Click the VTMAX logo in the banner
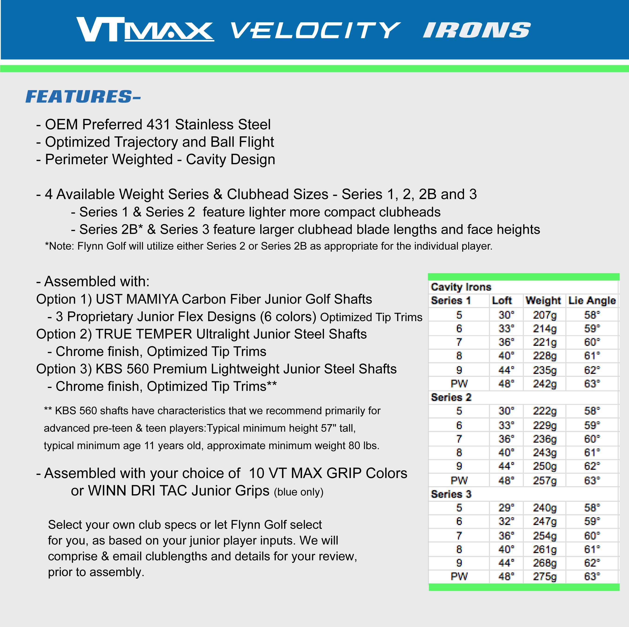[x=145, y=29]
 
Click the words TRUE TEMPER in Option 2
[x=144, y=334]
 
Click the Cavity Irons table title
[x=461, y=287]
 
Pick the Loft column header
[x=502, y=300]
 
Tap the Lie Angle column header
[x=592, y=300]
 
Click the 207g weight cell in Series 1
[x=544, y=315]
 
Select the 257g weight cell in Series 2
[x=544, y=481]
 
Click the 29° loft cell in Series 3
[x=506, y=508]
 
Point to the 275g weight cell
[x=544, y=577]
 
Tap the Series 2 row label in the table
[x=451, y=397]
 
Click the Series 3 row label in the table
[x=451, y=494]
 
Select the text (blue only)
[x=299, y=492]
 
